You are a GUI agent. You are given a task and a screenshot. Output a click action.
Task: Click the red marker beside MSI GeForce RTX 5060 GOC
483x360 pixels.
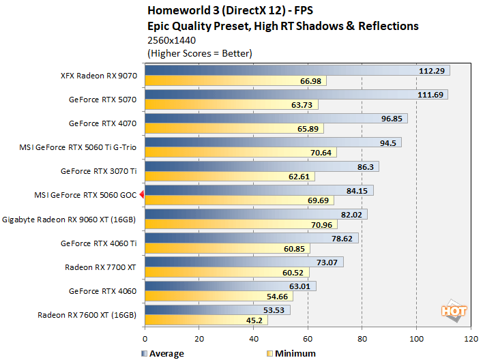pyautogui.click(x=141, y=195)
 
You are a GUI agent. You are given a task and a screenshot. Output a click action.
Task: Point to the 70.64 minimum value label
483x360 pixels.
pyautogui.click(x=320, y=153)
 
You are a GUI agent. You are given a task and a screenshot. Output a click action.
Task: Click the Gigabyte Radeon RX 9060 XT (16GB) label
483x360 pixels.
pyautogui.click(x=70, y=220)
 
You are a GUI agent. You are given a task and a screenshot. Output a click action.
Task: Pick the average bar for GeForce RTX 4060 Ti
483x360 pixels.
pyautogui.click(x=251, y=238)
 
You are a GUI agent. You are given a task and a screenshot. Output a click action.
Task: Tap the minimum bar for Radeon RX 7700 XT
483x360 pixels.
pyautogui.click(x=226, y=273)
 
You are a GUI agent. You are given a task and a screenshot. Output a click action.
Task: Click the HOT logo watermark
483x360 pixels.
pyautogui.click(x=454, y=311)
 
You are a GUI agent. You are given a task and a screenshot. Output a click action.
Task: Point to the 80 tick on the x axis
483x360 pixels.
pyautogui.click(x=362, y=337)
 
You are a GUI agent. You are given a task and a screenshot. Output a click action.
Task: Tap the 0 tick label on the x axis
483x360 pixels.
pyautogui.click(x=145, y=337)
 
